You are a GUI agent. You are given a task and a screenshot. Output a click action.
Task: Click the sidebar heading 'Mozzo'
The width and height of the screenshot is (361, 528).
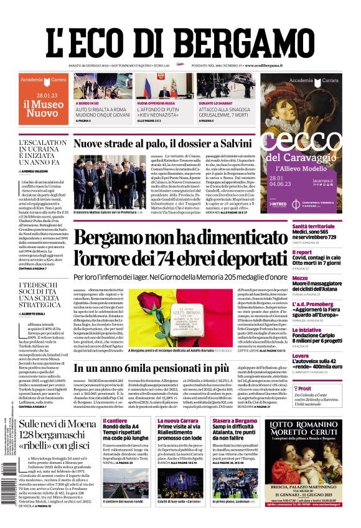click(300, 278)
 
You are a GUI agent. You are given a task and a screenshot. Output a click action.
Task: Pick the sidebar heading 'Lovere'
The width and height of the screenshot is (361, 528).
click(301, 356)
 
